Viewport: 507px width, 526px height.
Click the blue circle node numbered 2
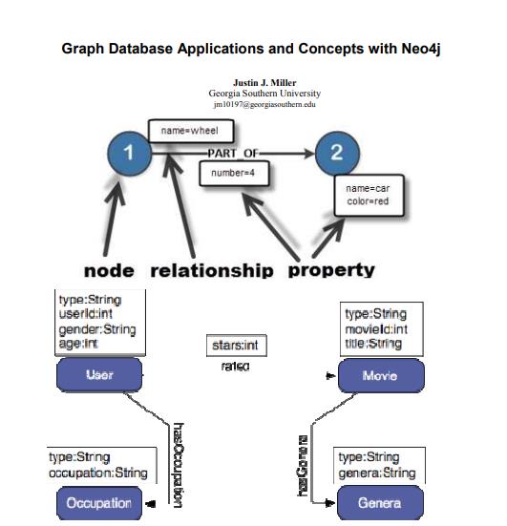coord(335,153)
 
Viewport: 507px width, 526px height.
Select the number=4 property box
coord(233,174)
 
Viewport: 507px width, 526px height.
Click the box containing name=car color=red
coord(368,195)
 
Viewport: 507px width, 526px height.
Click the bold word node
coord(109,269)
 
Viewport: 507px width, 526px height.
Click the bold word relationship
coord(211,269)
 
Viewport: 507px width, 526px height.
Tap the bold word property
coord(331,269)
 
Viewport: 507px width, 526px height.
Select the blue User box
coord(99,375)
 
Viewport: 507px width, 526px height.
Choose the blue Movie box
coord(380,376)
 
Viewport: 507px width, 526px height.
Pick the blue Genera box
coord(379,502)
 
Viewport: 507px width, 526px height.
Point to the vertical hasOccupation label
coord(177,463)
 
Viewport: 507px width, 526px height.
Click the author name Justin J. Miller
coord(264,83)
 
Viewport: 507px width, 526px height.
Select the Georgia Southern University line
coord(264,94)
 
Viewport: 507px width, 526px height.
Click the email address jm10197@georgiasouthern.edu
coord(264,104)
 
